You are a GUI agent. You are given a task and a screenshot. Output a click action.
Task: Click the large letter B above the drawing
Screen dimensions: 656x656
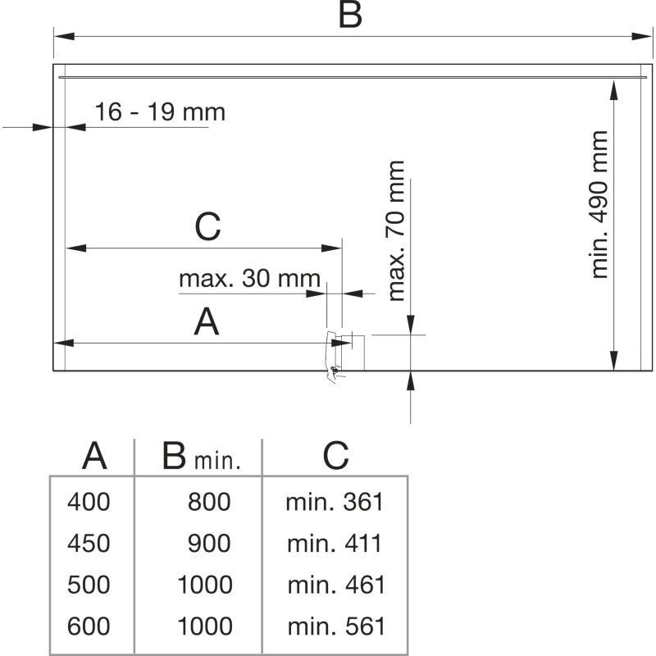[x=350, y=16]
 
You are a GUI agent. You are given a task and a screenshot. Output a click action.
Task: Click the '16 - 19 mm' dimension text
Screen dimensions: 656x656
[x=159, y=112]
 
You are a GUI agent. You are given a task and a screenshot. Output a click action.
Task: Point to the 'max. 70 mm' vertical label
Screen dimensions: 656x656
[x=397, y=230]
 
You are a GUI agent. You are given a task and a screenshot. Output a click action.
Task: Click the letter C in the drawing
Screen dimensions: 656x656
[x=207, y=227]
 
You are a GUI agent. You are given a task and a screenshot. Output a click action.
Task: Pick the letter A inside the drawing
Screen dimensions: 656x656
[x=207, y=322]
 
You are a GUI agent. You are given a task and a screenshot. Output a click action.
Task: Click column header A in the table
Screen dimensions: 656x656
[x=95, y=456]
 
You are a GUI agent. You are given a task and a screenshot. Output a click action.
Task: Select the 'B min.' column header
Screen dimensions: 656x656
[x=201, y=457]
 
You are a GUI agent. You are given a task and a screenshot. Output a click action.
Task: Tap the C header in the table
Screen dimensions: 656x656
[x=335, y=456]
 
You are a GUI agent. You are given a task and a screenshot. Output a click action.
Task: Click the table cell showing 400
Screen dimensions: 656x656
[x=89, y=502]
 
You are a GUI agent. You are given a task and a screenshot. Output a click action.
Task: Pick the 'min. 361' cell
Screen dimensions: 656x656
[x=335, y=502]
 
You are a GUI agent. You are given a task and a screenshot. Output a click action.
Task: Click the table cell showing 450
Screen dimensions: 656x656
[x=89, y=544]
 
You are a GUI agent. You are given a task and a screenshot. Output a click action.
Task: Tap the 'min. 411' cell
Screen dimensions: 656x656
[x=335, y=544]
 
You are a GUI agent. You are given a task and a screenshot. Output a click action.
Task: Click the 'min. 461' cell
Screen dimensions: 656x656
[x=335, y=585]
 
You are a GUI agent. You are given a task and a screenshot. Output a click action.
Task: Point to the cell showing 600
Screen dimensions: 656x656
[x=89, y=627]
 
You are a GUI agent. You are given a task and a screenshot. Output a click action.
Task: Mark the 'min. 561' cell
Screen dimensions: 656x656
[x=335, y=627]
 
